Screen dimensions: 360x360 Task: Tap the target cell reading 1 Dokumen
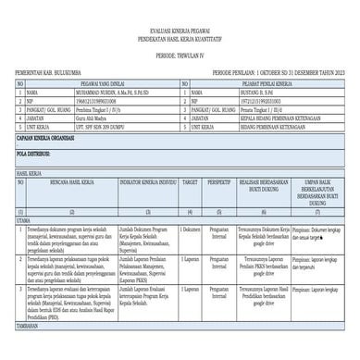(x=190, y=229)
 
